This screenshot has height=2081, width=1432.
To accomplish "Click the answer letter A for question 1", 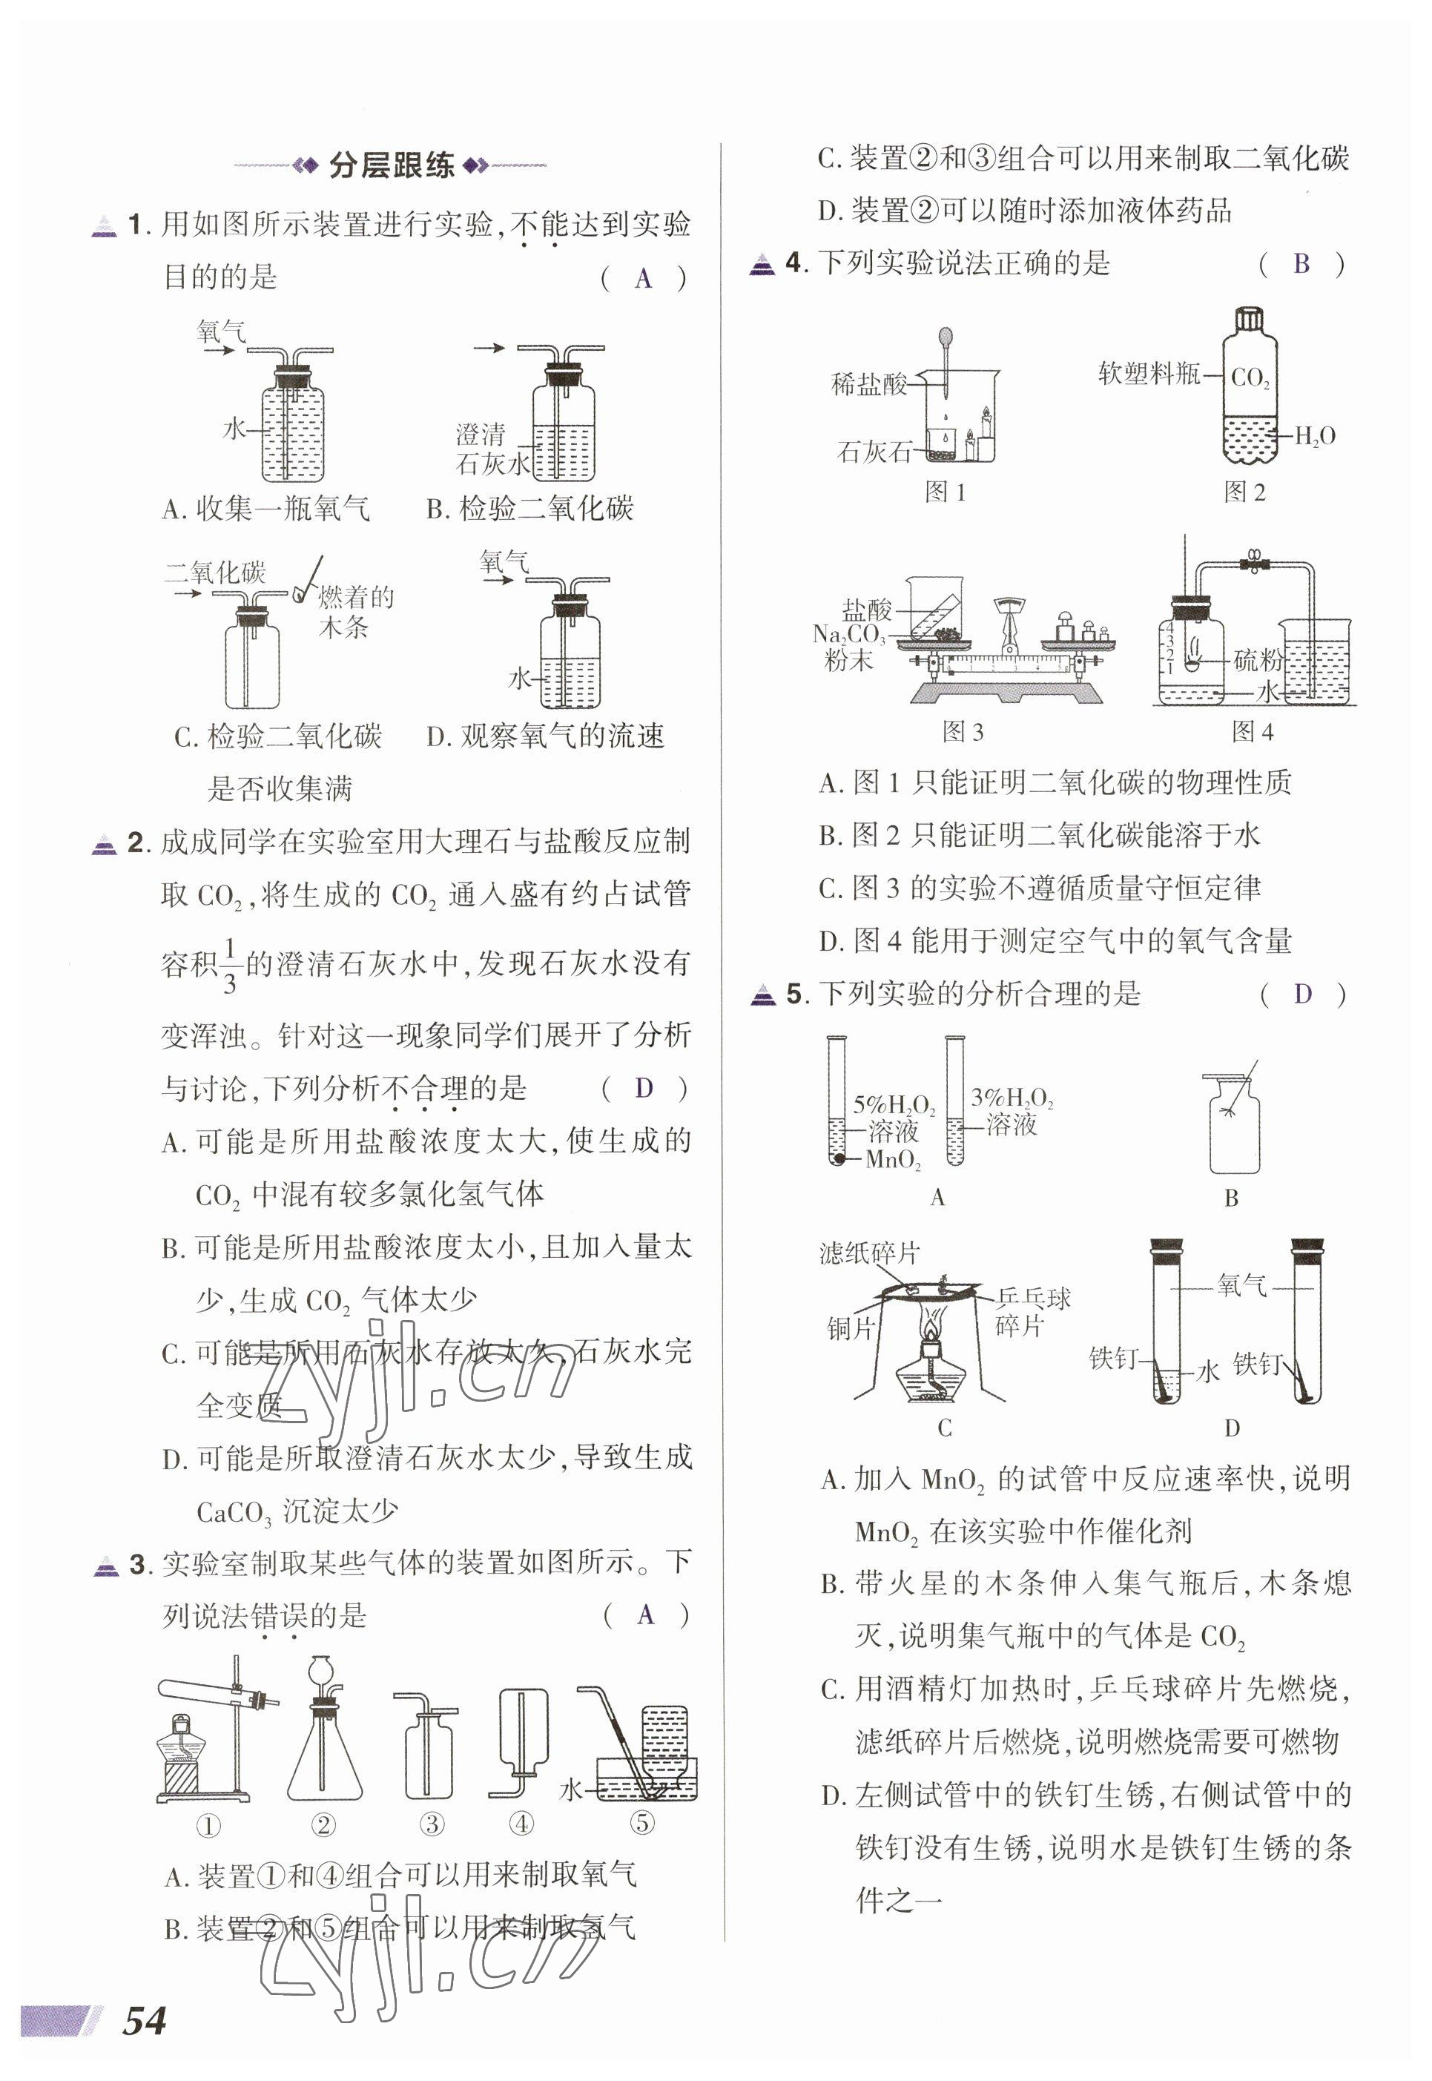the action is [642, 279].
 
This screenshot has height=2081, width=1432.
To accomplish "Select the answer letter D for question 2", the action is [643, 1089].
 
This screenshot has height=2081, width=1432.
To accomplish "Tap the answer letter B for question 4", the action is [1301, 264].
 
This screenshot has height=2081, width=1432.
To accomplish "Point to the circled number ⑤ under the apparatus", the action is [642, 1823].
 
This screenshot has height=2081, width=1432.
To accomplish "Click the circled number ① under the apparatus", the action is [208, 1824].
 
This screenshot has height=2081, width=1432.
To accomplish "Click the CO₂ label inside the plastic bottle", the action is [1250, 377].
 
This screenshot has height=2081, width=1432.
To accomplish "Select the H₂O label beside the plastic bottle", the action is [1315, 437].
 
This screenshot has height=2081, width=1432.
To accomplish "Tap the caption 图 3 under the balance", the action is [963, 732].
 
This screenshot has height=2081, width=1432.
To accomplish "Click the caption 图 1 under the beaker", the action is [945, 492].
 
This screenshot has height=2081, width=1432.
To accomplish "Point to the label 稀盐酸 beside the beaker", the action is [868, 385].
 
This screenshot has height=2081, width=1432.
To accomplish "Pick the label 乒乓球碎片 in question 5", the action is [1032, 1311].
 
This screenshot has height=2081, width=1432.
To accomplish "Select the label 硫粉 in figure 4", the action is [1258, 661].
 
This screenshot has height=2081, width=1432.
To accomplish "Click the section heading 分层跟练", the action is [392, 165].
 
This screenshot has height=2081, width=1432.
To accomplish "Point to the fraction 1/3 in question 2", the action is [229, 966].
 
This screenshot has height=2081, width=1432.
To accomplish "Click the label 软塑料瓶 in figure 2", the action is [1149, 373].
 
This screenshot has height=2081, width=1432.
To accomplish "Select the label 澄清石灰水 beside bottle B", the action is [492, 449].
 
